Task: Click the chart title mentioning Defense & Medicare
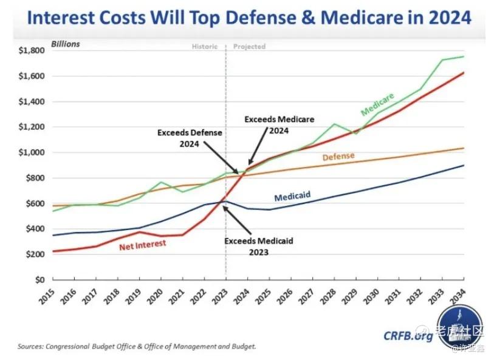[x=249, y=18]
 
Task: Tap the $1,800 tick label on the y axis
[x=32, y=50]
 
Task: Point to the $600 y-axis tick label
[x=35, y=203]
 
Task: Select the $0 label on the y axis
[x=40, y=280]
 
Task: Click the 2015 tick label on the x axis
[x=47, y=297]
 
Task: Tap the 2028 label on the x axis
[x=328, y=297]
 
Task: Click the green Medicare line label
[x=377, y=104]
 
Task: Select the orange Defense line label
[x=338, y=157]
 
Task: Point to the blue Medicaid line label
[x=292, y=196]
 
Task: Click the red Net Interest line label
[x=142, y=245]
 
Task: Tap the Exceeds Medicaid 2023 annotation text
[x=259, y=246]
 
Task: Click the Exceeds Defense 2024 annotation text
[x=190, y=138]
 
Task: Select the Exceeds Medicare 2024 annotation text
[x=279, y=125]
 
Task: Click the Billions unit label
[x=66, y=44]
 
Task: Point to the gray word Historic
[x=205, y=47]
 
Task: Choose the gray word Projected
[x=249, y=47]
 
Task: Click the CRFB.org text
[x=408, y=336]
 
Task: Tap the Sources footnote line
[x=137, y=347]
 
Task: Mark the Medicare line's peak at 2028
[x=334, y=124]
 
